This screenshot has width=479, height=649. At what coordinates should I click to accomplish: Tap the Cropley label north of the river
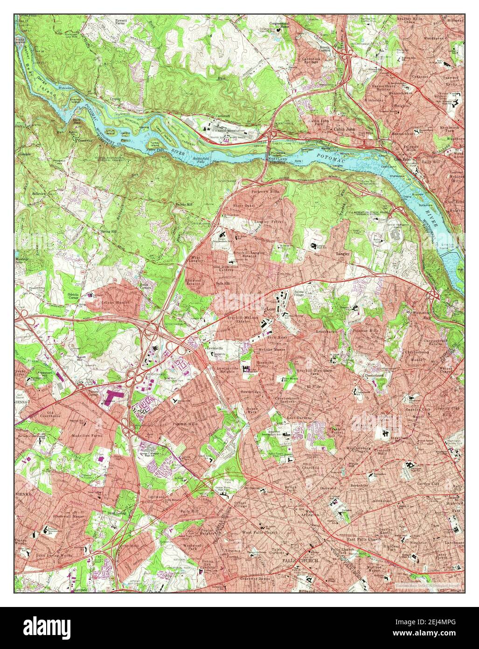click(x=115, y=100)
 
